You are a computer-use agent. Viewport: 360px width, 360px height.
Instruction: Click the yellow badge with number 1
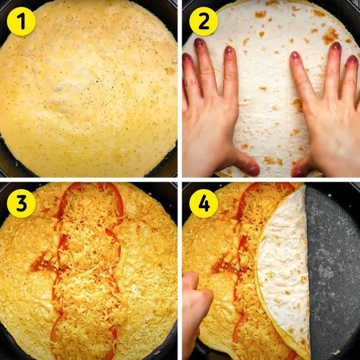coord(21,22)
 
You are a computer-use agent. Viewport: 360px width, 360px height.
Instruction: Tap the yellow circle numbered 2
coord(203,22)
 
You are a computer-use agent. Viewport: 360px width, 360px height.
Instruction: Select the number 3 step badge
coord(21,203)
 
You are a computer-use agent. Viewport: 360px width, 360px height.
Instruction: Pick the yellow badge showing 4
coord(203,203)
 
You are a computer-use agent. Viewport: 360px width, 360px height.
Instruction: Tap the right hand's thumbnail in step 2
coord(296,173)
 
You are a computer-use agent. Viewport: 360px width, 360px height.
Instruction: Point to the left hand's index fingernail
coord(228,50)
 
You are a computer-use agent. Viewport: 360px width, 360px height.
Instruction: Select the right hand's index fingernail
coord(295,55)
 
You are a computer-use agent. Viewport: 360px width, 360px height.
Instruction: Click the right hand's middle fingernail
coord(336,46)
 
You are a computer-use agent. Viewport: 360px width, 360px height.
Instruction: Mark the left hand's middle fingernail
coord(199,43)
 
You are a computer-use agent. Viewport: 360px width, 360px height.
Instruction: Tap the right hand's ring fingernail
coord(353,59)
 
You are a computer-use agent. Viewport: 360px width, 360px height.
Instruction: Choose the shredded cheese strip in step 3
coord(90,271)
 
